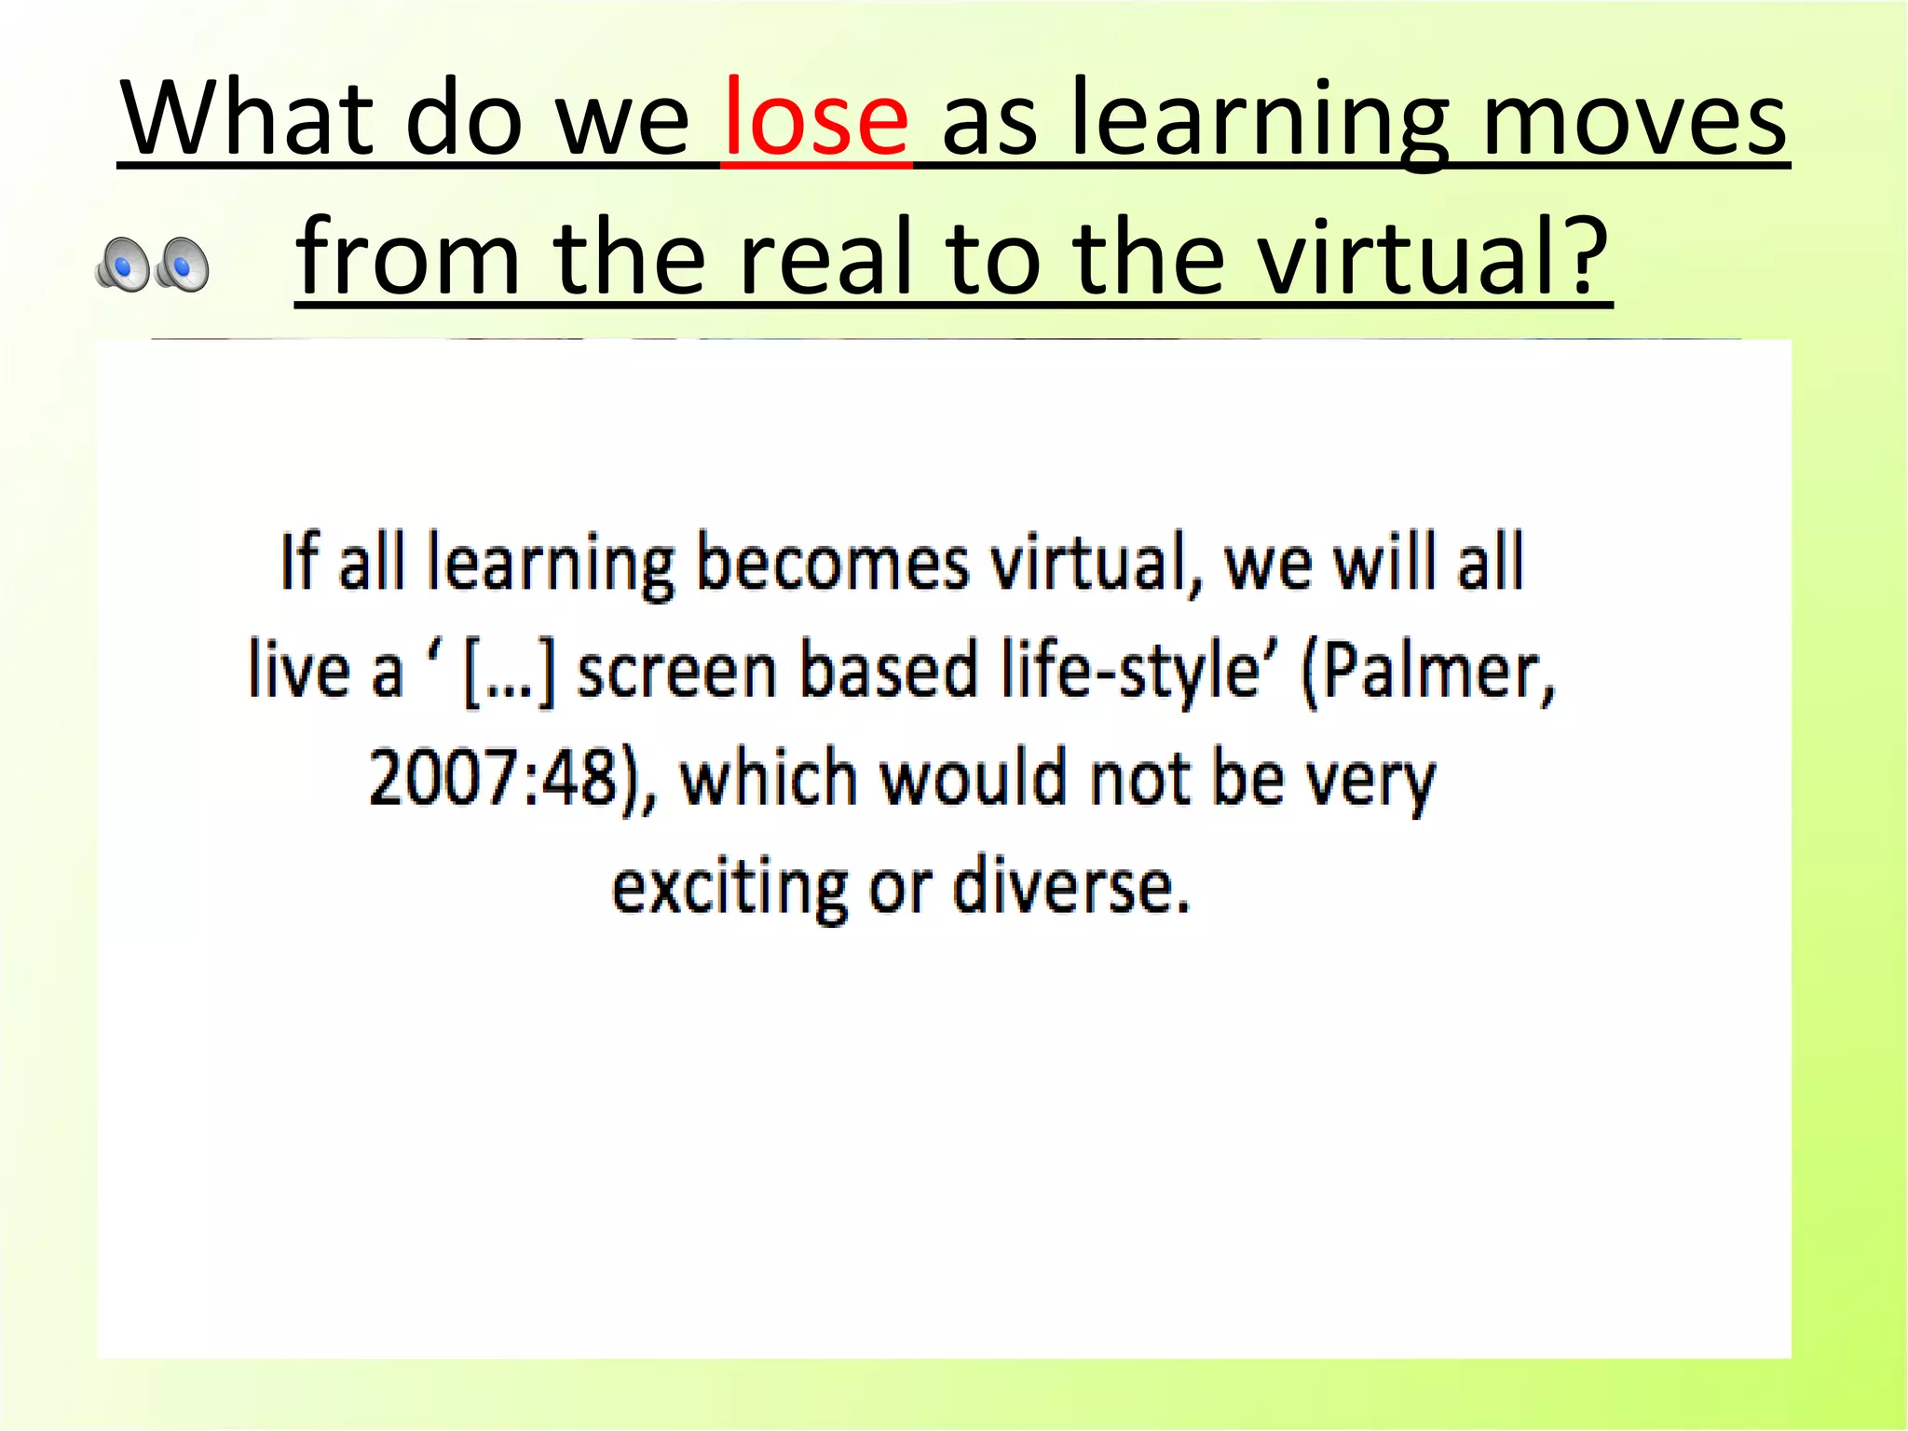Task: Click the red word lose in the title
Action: pos(815,119)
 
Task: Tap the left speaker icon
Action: pos(122,265)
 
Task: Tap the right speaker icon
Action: pos(182,265)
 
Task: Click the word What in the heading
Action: pos(246,119)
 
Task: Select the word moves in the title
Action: pos(1633,119)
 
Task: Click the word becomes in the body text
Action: pos(832,564)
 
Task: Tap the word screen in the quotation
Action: pos(676,672)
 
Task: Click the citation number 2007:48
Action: pos(494,779)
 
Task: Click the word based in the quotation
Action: pos(889,672)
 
